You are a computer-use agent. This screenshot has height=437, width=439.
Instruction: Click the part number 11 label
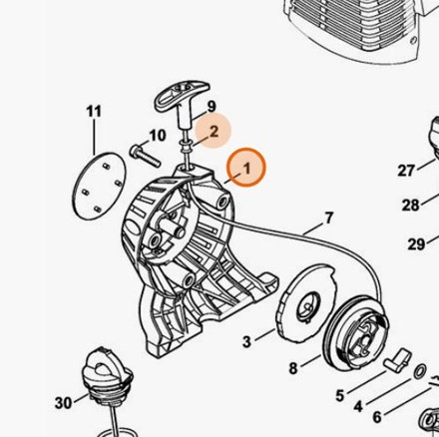coord(94,112)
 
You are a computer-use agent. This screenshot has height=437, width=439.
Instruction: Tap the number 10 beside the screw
coord(158,136)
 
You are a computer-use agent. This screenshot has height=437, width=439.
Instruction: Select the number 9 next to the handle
coord(212,107)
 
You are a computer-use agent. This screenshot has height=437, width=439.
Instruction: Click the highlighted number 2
coord(214,132)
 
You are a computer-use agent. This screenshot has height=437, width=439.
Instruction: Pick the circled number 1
coord(246,169)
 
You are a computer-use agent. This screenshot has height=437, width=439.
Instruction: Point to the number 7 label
coord(328,218)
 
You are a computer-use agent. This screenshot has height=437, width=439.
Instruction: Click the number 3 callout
coord(246,341)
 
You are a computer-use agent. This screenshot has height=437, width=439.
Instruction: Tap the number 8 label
coord(292,368)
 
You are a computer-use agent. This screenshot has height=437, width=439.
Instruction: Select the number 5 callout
coord(339,396)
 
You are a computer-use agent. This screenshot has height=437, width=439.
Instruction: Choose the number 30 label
coord(64,403)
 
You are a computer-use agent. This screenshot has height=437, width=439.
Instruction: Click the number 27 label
coord(406,171)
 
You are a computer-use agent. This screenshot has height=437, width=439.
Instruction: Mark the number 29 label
coord(416,244)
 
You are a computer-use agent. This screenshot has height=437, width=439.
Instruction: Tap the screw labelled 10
coord(145,156)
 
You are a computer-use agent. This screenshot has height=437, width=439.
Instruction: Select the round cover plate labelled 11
coord(99,186)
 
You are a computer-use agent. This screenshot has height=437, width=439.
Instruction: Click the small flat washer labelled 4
coord(421,371)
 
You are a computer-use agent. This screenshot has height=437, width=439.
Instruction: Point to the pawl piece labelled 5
coord(397,358)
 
